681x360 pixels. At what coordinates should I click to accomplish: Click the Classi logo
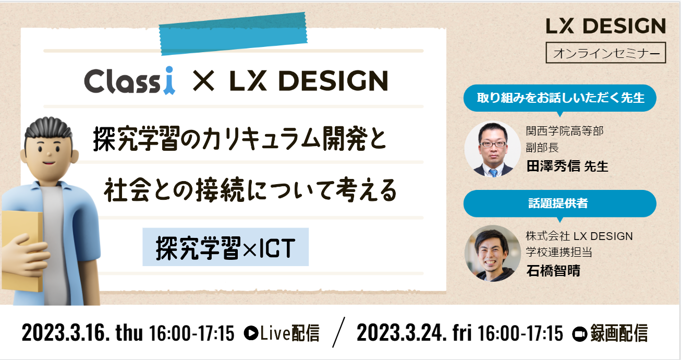[129, 81]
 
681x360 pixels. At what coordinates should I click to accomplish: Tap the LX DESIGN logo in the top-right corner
[606, 26]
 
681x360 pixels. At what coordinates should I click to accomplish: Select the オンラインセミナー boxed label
[606, 53]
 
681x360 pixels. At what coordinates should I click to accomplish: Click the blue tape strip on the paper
[233, 33]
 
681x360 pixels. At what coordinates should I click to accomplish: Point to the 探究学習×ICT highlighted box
[226, 247]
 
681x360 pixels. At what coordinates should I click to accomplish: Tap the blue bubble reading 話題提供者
[560, 203]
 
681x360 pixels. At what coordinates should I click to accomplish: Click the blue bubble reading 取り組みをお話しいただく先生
[560, 99]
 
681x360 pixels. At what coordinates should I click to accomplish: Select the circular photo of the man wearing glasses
[493, 149]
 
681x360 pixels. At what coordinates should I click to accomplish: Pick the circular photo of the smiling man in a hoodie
[493, 253]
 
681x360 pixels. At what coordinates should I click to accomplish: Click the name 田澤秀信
[553, 166]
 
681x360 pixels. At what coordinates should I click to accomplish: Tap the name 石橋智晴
[553, 271]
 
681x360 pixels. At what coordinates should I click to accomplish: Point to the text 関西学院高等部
[565, 131]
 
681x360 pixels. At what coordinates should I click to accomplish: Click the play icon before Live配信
[251, 333]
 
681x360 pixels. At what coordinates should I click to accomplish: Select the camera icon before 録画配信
[579, 334]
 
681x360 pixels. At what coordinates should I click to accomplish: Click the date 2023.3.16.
[66, 333]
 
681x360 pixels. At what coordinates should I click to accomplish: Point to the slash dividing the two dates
[339, 332]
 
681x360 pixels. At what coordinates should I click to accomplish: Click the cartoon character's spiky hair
[48, 128]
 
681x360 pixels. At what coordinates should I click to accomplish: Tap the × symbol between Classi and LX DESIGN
[203, 81]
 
